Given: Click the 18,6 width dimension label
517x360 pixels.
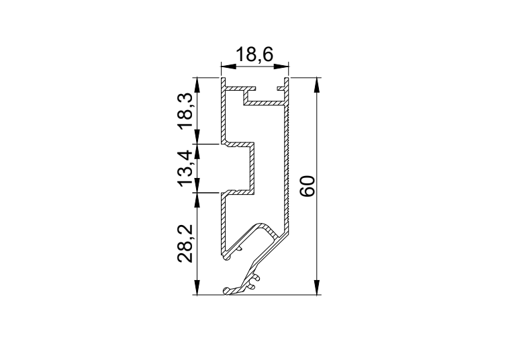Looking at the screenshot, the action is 254,54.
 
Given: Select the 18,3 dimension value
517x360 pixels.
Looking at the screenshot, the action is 185,111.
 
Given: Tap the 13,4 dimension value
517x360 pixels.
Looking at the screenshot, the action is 185,169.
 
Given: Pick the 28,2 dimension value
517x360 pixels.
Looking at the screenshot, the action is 185,244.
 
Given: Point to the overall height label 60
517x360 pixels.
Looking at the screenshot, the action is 308,186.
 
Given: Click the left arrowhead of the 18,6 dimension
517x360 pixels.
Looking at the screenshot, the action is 228,67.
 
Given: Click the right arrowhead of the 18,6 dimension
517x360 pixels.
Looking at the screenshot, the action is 281,67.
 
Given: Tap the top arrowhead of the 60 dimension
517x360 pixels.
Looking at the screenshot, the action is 317,85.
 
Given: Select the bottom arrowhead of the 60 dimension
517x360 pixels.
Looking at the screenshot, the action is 317,287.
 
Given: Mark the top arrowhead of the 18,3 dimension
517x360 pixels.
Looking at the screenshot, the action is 197,85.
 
